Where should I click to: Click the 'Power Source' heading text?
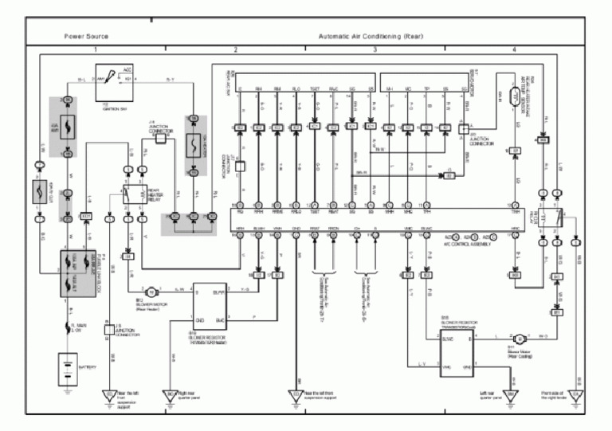point(86,37)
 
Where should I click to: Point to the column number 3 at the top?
point(375,50)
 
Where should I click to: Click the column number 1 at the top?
point(96,50)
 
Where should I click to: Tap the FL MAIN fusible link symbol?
point(68,329)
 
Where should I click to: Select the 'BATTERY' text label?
point(88,367)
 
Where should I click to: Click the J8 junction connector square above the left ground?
point(108,328)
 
